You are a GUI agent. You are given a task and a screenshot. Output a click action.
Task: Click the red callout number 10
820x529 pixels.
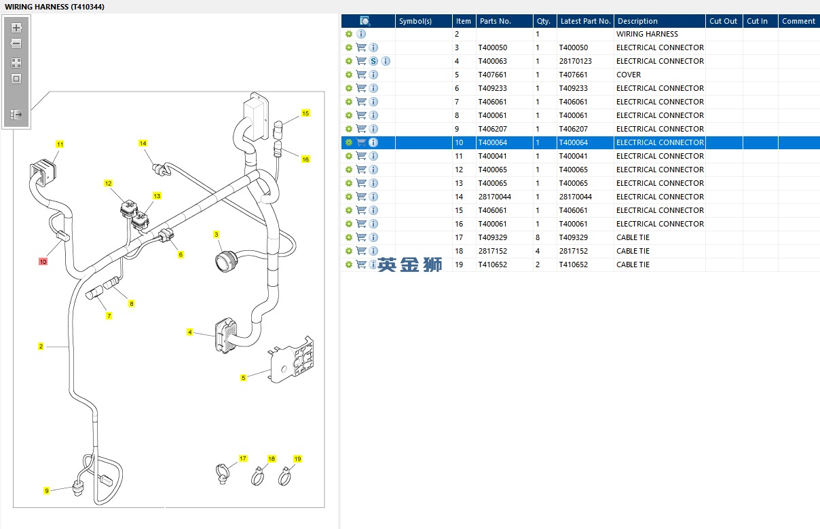point(43,261)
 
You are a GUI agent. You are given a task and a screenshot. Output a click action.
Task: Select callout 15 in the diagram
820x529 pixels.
point(305,113)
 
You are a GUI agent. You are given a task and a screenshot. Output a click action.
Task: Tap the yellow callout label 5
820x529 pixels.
point(243,378)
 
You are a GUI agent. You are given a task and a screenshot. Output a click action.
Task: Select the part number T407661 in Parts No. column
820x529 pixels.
point(492,75)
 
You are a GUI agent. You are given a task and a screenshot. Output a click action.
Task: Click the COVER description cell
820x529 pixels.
point(629,75)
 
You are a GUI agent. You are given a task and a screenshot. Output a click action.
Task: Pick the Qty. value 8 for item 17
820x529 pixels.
point(538,237)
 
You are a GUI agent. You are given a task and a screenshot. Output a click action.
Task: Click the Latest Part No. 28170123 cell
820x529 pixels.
point(575,61)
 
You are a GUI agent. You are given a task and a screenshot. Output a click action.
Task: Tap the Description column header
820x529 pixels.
point(637,21)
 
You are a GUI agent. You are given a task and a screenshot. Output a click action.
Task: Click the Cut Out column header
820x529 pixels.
point(723,21)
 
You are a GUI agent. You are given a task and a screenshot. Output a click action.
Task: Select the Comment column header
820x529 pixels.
point(798,21)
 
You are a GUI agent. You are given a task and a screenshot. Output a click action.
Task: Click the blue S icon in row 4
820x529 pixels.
point(373,61)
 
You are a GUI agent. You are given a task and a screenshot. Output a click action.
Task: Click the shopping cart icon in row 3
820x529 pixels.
point(361,47)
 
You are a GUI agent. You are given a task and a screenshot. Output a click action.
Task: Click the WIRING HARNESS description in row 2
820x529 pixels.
point(647,34)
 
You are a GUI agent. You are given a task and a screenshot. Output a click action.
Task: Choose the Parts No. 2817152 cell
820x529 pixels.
point(492,251)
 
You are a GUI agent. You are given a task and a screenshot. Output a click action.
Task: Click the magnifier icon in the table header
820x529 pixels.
point(365,21)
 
